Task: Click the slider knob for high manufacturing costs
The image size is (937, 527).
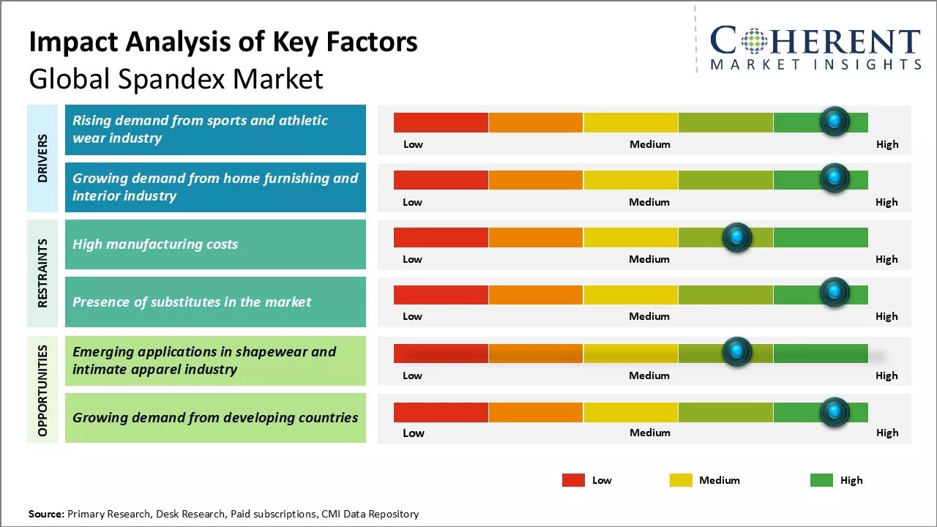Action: (x=737, y=237)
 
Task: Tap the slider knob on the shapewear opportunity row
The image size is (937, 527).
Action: (x=737, y=352)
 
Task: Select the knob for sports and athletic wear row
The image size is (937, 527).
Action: (x=835, y=122)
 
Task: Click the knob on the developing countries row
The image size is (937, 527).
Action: (x=835, y=412)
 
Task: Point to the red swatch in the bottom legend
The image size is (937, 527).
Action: (x=573, y=480)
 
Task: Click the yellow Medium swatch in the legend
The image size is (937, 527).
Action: (x=681, y=480)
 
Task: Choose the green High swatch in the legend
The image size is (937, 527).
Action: (x=821, y=480)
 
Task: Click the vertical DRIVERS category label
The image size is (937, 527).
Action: (x=42, y=158)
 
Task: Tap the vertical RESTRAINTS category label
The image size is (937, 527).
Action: (x=42, y=273)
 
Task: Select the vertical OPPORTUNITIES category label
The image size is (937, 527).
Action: (x=42, y=390)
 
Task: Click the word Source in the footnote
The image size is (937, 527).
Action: (x=46, y=514)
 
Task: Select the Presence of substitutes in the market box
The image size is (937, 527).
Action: (x=215, y=302)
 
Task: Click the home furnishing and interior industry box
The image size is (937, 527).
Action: (x=215, y=187)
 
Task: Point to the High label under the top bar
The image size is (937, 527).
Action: (x=886, y=144)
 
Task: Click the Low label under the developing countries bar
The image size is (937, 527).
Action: (x=413, y=433)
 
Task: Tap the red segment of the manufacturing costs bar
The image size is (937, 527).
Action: (x=441, y=237)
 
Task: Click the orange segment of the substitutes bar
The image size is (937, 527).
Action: (x=535, y=295)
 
